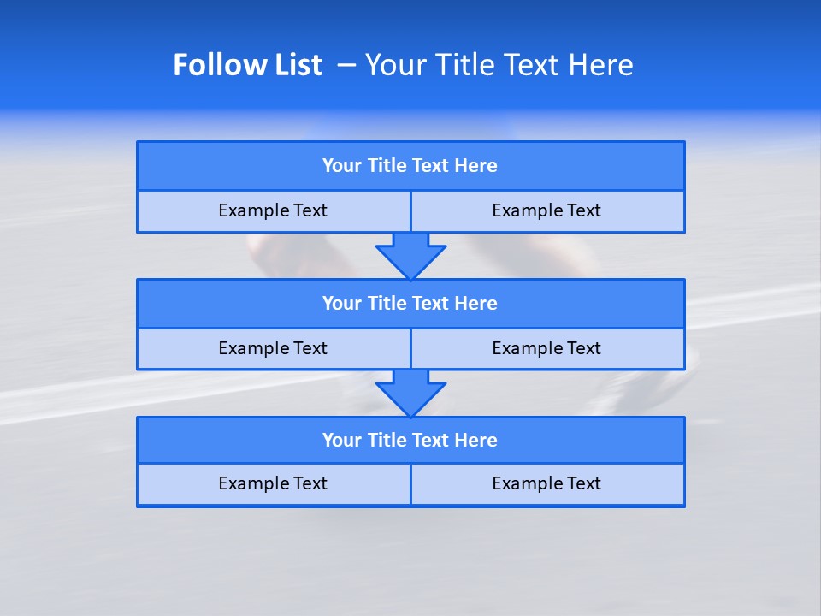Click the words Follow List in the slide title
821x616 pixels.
point(247,65)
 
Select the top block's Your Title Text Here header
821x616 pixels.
point(410,166)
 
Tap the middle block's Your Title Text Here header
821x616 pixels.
point(410,304)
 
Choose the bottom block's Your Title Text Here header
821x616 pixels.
point(410,441)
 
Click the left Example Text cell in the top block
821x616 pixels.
point(273,211)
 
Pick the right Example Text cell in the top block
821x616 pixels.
point(546,211)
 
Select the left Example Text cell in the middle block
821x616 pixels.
point(273,349)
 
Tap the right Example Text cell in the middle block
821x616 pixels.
point(546,349)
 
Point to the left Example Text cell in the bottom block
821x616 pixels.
point(273,484)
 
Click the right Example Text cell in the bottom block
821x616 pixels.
point(546,484)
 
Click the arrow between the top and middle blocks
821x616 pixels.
point(410,255)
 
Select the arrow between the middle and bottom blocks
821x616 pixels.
point(410,393)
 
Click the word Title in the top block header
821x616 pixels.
point(387,166)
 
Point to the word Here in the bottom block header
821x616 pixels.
point(476,441)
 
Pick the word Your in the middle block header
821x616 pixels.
point(342,304)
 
